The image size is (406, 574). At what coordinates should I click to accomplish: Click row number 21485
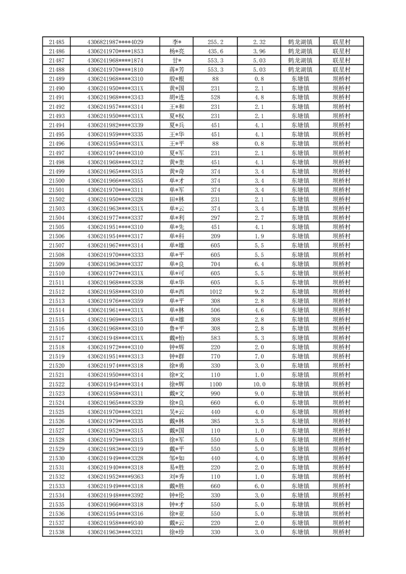tap(57, 42)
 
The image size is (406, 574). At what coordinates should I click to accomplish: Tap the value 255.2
tap(215, 42)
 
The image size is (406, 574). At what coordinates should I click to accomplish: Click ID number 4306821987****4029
tap(115, 42)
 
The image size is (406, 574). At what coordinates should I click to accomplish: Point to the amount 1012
tap(215, 292)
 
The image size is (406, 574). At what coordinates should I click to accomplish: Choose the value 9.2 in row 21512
tap(259, 292)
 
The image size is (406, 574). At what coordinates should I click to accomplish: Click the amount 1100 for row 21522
tap(215, 384)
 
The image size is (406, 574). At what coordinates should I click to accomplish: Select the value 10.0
tap(259, 384)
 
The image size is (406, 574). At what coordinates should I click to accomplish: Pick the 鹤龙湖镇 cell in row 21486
tap(300, 51)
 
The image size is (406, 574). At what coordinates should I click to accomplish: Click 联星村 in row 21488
tap(341, 70)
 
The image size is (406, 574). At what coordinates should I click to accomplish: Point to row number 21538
tap(57, 532)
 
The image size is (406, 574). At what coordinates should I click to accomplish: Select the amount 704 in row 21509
tap(215, 264)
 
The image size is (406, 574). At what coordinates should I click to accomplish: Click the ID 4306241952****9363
tap(115, 477)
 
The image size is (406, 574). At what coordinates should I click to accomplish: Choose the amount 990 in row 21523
tap(215, 393)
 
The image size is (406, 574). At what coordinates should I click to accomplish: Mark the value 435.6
tap(215, 51)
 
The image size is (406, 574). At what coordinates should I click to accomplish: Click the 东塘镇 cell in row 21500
tap(300, 181)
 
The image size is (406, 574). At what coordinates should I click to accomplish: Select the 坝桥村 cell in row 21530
tap(341, 458)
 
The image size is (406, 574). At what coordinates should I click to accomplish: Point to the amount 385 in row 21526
tap(215, 421)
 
